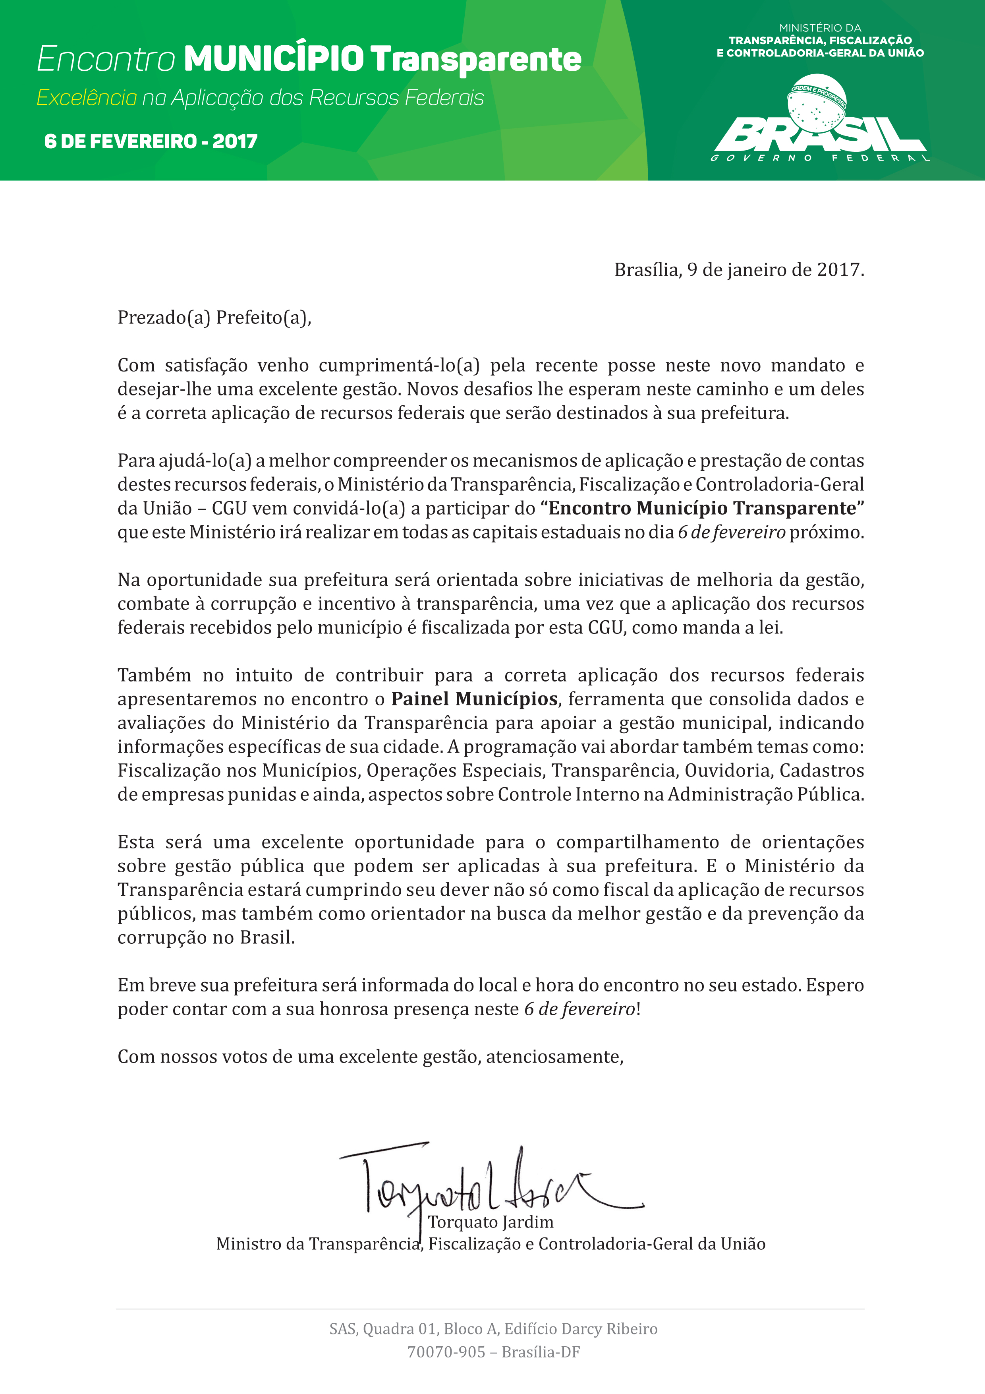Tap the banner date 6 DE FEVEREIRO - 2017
click(151, 141)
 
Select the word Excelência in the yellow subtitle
click(87, 98)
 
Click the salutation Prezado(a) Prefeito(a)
click(214, 318)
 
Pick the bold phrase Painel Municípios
click(474, 699)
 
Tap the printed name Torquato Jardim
click(491, 1222)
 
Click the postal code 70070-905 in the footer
click(446, 1352)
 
